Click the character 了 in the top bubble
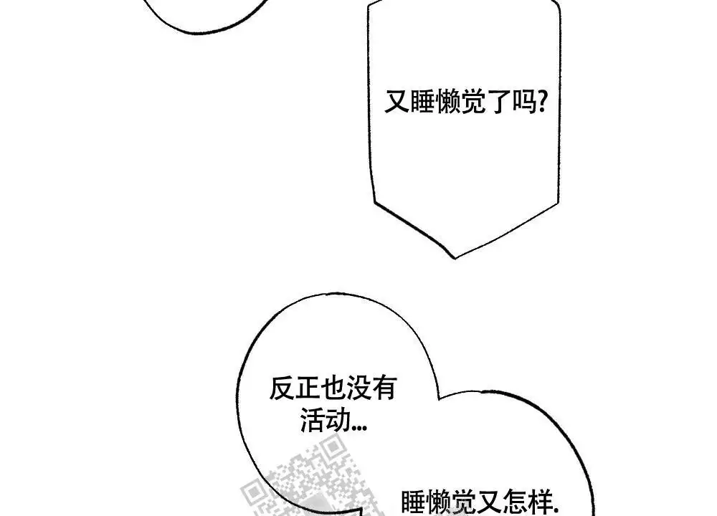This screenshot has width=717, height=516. click(498, 102)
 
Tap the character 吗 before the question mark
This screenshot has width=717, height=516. click(524, 102)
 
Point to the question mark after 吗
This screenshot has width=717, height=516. click(542, 102)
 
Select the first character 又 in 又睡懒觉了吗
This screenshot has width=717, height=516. click(397, 102)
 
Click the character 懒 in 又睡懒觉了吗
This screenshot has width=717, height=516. click(447, 102)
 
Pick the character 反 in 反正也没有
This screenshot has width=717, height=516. click(282, 388)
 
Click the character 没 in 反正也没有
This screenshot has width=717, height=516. click(358, 388)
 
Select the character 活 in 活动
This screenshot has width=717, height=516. click(313, 420)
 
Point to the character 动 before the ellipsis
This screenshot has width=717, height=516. click(338, 420)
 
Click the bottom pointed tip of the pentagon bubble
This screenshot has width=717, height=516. click(455, 258)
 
